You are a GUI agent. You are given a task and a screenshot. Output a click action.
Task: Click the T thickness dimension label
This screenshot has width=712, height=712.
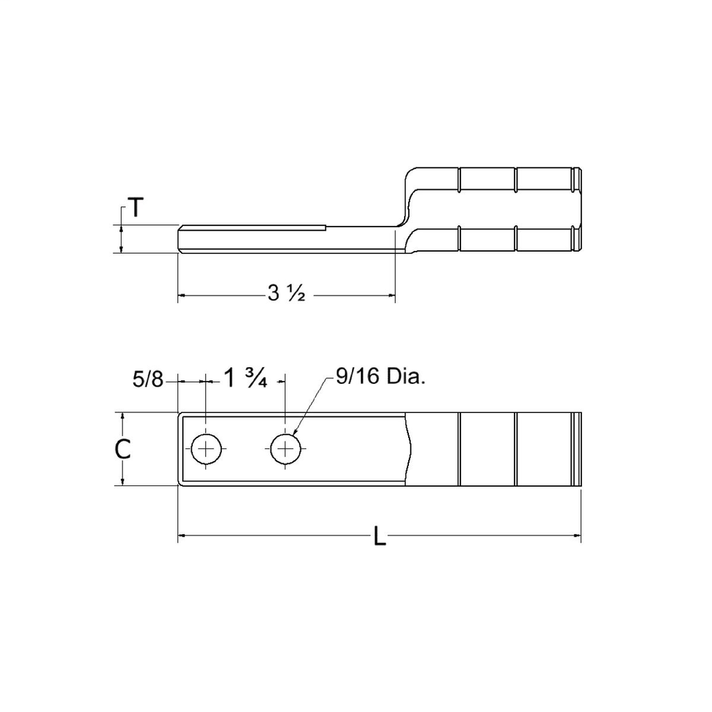(135, 208)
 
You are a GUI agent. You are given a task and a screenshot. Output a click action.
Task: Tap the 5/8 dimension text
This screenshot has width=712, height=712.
(147, 380)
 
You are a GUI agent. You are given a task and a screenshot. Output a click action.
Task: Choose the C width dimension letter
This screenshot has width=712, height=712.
(122, 449)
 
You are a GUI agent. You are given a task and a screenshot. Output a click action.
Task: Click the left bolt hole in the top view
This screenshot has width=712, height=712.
(207, 450)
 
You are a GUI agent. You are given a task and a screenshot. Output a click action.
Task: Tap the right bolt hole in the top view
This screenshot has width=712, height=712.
(285, 450)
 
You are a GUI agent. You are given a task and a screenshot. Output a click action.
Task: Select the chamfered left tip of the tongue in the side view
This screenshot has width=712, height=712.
(181, 238)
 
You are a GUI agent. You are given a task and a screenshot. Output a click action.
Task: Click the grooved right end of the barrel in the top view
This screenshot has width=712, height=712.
(576, 449)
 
